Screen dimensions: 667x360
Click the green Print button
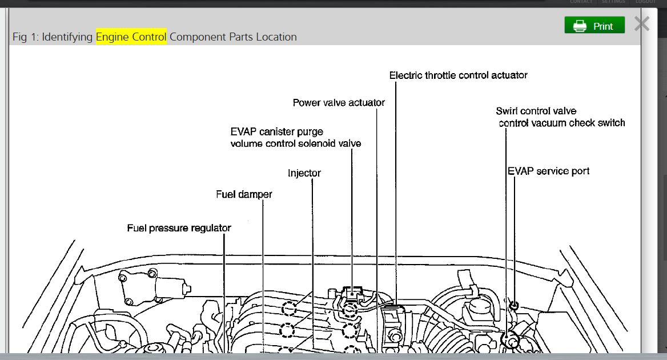[x=594, y=26]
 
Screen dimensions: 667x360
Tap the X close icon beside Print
[x=642, y=24]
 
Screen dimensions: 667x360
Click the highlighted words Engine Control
[x=131, y=37]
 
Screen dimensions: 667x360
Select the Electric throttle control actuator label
[x=458, y=75]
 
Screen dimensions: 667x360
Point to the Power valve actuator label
[x=339, y=103]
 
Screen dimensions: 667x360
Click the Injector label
[x=304, y=173]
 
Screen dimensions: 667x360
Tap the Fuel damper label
[x=244, y=194]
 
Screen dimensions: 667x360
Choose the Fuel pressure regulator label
[x=179, y=228]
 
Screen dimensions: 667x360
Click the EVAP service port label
[x=548, y=171]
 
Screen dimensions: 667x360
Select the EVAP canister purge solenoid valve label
[x=296, y=138]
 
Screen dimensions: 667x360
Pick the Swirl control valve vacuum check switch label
[x=561, y=117]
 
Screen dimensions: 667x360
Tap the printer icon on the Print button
[x=580, y=26]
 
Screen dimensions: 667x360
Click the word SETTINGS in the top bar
[x=613, y=2]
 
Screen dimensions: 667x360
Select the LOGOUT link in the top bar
[x=646, y=2]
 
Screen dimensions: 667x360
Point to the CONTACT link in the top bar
[x=581, y=2]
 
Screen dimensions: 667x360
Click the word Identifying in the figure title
[x=67, y=37]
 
